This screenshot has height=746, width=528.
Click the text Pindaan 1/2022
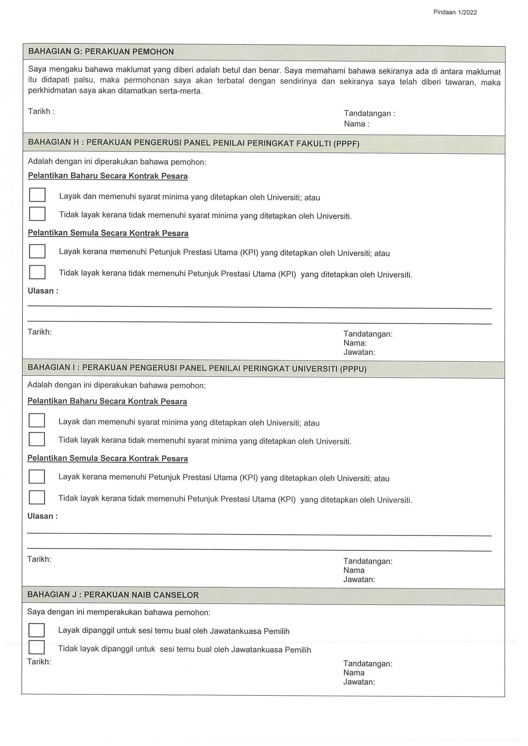point(455,12)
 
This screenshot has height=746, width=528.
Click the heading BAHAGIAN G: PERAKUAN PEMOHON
point(101,52)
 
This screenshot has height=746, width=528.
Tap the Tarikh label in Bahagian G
point(41,111)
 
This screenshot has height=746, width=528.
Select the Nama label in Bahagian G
point(356,124)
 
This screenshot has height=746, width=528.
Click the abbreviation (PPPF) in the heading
point(346,144)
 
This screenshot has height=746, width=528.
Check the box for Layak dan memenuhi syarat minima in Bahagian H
point(37,195)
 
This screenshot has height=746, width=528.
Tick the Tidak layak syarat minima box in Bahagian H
point(37,214)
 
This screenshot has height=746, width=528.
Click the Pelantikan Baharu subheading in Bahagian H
point(108,176)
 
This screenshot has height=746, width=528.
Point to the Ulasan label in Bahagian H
point(43,291)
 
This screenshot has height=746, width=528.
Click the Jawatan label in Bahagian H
point(359,352)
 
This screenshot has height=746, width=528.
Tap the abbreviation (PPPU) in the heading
point(353,369)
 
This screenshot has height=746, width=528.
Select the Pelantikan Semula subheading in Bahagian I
point(108,459)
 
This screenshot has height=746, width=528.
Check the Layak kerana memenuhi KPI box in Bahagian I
point(37,476)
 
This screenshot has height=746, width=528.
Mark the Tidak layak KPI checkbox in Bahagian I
point(37,498)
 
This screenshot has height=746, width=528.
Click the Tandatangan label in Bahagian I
point(368,561)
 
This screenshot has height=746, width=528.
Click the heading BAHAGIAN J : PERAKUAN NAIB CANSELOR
point(113,595)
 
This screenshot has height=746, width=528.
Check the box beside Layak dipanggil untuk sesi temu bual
point(36,630)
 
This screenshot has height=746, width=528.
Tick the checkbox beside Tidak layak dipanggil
point(36,647)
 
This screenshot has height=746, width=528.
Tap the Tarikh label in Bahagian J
point(39,661)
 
